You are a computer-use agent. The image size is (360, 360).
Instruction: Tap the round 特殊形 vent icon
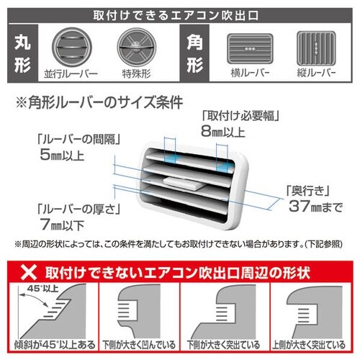tap(135, 48)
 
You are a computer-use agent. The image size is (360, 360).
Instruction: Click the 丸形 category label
tap(22, 55)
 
